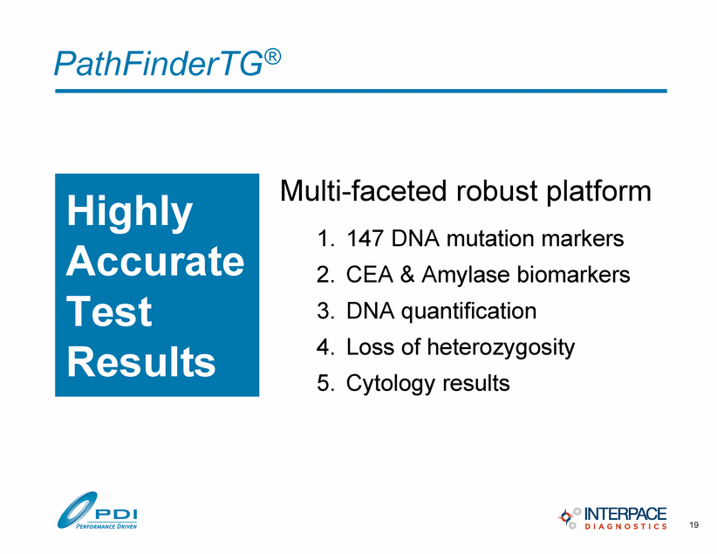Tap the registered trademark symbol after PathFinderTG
(272, 58)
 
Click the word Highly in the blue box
(129, 212)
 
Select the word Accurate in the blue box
(155, 261)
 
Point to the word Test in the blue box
(109, 311)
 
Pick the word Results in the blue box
(140, 361)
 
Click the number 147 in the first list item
(365, 238)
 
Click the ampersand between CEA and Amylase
(407, 275)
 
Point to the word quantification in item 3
(468, 311)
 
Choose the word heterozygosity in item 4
(501, 348)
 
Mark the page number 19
(693, 524)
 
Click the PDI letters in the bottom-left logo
(116, 515)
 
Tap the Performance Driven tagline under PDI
(106, 526)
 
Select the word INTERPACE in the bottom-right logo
(625, 513)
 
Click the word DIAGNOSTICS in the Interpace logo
(625, 527)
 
